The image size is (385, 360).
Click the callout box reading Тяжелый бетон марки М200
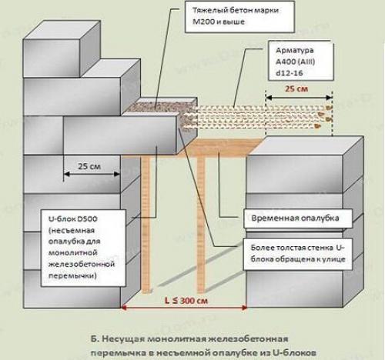239,17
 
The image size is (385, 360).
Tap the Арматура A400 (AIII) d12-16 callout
301,61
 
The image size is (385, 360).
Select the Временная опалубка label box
298,218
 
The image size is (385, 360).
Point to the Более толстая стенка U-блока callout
298,254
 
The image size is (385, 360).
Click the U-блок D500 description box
83,248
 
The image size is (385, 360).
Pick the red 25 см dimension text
296,88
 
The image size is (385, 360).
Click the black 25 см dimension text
89,166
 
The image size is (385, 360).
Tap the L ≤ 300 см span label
186,300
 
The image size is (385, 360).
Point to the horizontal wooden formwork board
218,148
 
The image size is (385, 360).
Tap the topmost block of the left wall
62,48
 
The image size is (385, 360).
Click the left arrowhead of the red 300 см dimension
123,307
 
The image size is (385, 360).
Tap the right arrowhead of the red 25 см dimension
330,98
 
